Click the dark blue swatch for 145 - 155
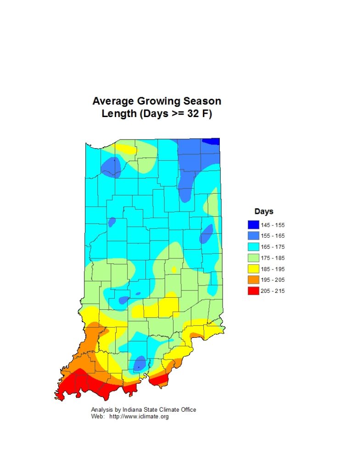pos(253,225)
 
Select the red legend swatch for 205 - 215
pos(253,291)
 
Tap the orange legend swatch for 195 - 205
pos(253,280)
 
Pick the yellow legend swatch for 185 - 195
pos(253,269)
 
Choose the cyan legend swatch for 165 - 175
pos(253,247)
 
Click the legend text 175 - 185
pos(273,258)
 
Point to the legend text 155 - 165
pos(273,236)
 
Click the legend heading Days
pos(264,212)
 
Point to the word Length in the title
pos(117,114)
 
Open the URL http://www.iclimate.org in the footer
pos(139,417)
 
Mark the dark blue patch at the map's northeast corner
pos(212,141)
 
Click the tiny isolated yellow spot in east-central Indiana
pos(174,269)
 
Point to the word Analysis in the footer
pos(102,410)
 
